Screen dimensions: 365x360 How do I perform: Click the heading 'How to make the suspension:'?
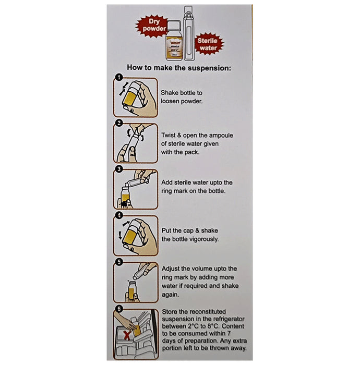(x=179, y=68)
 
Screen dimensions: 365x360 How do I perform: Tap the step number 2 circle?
(x=118, y=123)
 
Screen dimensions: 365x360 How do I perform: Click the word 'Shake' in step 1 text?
(x=170, y=91)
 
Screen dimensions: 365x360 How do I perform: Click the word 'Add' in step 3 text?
(x=168, y=182)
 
